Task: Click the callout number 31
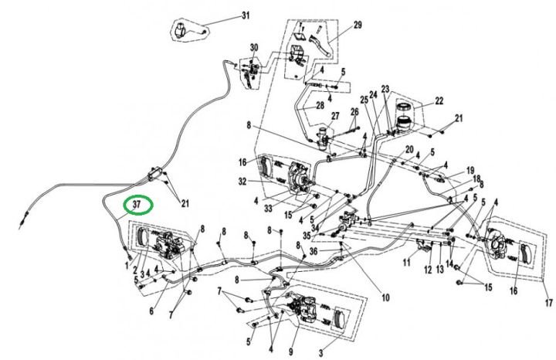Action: pos(225,15)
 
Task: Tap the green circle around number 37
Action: pos(137,205)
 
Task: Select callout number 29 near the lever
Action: pos(358,25)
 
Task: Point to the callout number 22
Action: pos(439,100)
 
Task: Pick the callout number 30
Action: pos(254,48)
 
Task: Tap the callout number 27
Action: pos(334,117)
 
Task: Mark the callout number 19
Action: pos(469,171)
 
